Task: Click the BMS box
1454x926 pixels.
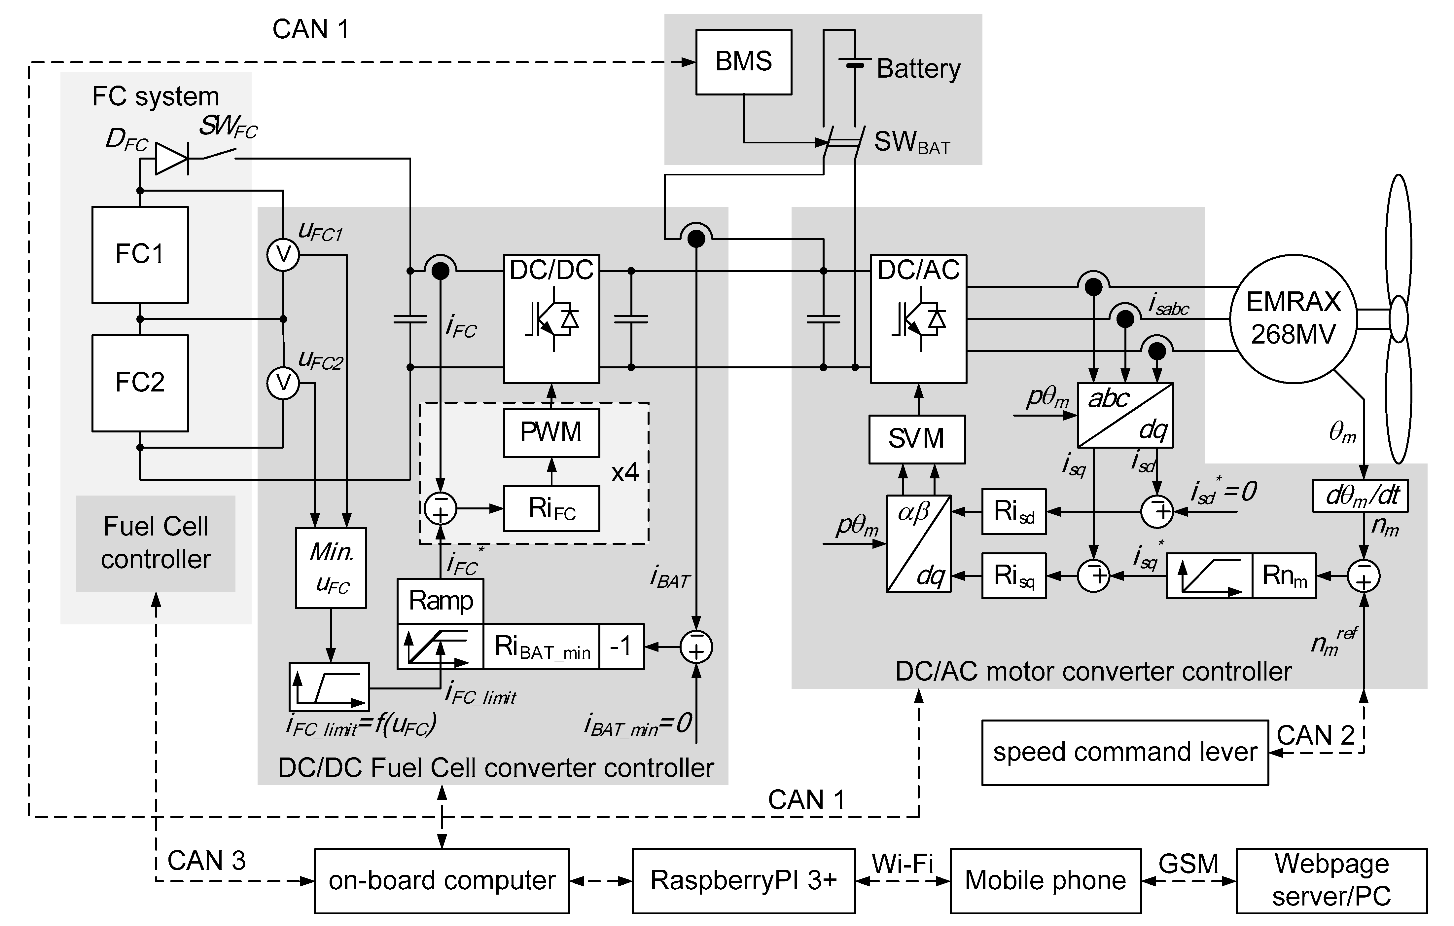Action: [x=743, y=62]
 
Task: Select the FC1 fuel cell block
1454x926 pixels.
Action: [x=139, y=254]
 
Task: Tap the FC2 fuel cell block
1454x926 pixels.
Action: [x=139, y=383]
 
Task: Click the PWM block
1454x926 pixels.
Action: [x=551, y=432]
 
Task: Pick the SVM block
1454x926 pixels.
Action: [x=917, y=439]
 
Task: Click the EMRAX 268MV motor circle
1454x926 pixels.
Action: [x=1294, y=319]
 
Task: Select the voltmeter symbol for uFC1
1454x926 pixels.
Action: [x=283, y=255]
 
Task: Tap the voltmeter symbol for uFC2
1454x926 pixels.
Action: [x=283, y=383]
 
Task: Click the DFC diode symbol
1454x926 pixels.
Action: [x=171, y=159]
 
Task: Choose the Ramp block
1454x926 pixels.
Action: [x=440, y=601]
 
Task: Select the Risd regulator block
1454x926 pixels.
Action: [x=1014, y=512]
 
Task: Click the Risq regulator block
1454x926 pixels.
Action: [x=1014, y=576]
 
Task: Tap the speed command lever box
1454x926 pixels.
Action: [x=1124, y=753]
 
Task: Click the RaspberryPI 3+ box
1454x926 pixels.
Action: [x=743, y=881]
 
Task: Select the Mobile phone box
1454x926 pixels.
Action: [x=1045, y=881]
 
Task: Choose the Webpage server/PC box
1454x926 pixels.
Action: [x=1331, y=881]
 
